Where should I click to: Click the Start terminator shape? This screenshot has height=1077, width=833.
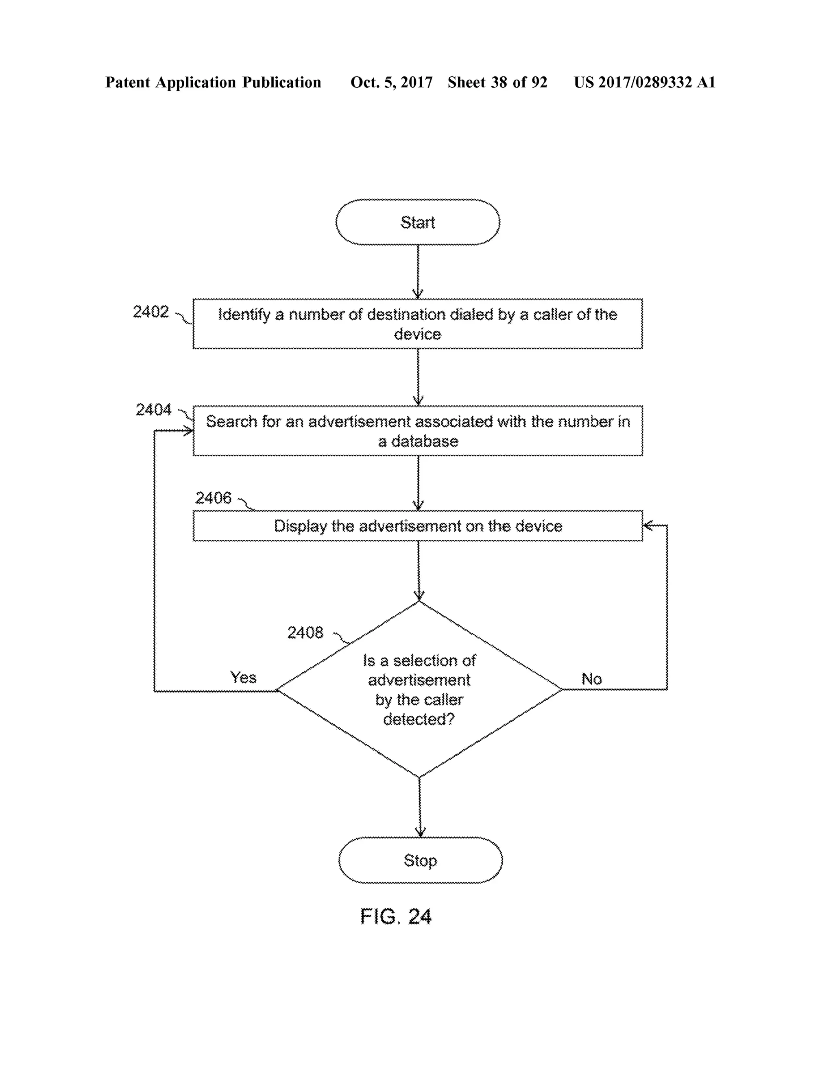click(x=417, y=222)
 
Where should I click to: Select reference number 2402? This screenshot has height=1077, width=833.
click(x=150, y=312)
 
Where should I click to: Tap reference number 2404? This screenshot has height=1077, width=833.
click(x=153, y=409)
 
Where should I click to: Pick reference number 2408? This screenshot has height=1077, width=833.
click(x=305, y=633)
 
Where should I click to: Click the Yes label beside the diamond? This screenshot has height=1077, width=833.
click(x=243, y=677)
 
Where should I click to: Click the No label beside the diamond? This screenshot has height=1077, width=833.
click(x=592, y=679)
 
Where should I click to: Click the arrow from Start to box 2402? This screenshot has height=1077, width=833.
click(x=418, y=271)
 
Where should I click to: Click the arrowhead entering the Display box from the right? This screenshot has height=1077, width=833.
click(x=648, y=525)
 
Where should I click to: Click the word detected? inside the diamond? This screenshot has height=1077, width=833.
click(x=419, y=719)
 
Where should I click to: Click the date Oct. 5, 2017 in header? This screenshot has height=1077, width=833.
click(x=391, y=83)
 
